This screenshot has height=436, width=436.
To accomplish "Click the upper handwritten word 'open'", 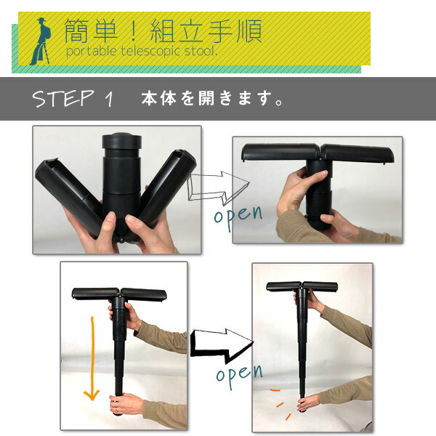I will click(x=238, y=217).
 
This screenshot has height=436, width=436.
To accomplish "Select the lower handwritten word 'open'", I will click(x=238, y=374).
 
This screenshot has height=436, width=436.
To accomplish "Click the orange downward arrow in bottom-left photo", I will click(x=91, y=356).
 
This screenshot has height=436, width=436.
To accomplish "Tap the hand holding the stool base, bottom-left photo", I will click(x=125, y=403).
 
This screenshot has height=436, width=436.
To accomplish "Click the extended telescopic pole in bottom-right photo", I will click(x=302, y=349).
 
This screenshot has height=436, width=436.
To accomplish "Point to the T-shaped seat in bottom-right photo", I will click(x=302, y=286).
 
